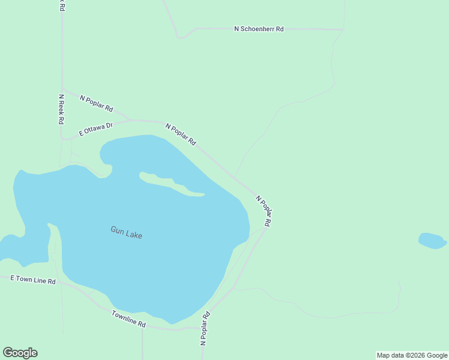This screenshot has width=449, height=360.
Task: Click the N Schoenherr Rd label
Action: click(x=258, y=29)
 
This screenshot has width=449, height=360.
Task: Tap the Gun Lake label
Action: click(x=126, y=232)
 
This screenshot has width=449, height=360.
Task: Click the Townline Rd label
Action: click(x=128, y=319)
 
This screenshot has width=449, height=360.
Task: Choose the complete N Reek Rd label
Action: click(x=61, y=109)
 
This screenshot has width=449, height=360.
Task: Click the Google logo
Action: click(x=20, y=353)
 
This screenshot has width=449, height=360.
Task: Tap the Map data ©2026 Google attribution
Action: click(x=412, y=355)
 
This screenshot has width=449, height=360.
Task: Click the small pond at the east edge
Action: click(x=432, y=241)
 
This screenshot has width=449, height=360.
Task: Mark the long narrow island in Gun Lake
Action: click(x=171, y=184)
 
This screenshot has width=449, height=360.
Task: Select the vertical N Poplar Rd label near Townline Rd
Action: click(x=205, y=328)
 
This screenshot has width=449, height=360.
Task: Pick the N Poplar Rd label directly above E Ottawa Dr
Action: click(x=96, y=103)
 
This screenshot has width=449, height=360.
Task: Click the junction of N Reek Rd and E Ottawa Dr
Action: click(x=62, y=138)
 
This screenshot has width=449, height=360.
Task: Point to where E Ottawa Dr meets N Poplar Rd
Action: click(x=131, y=120)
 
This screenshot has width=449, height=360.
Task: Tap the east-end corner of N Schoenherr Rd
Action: click(x=343, y=29)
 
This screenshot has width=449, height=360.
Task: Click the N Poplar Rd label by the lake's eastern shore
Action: click(x=264, y=210)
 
